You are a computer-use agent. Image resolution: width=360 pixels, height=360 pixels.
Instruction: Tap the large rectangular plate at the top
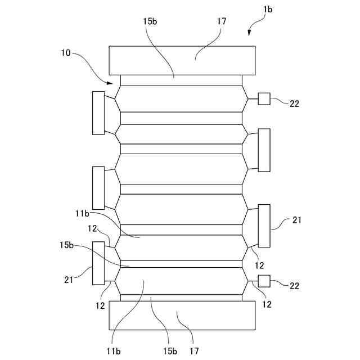pyautogui.click(x=182, y=60)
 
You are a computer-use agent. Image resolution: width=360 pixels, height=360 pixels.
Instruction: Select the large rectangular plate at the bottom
pyautogui.click(x=182, y=315)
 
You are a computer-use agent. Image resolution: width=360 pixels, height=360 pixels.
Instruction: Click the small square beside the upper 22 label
pyautogui.click(x=264, y=99)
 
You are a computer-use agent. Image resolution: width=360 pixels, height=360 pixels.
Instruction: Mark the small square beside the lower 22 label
pyautogui.click(x=264, y=281)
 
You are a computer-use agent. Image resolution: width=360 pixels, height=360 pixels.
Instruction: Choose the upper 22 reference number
pyautogui.click(x=294, y=103)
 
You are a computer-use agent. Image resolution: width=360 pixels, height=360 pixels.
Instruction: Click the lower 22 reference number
pyautogui.click(x=294, y=286)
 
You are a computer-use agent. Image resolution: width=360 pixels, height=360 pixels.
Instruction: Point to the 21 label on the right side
pyautogui.click(x=298, y=220)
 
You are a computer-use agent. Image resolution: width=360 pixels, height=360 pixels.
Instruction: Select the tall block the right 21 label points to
pyautogui.click(x=264, y=226)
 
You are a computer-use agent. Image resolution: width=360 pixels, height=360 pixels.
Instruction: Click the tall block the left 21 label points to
pyautogui.click(x=98, y=263)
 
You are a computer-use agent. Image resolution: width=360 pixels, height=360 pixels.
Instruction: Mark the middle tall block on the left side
pyautogui.click(x=98, y=188)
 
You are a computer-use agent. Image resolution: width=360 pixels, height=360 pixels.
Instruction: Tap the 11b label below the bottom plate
pyautogui.click(x=114, y=351)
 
